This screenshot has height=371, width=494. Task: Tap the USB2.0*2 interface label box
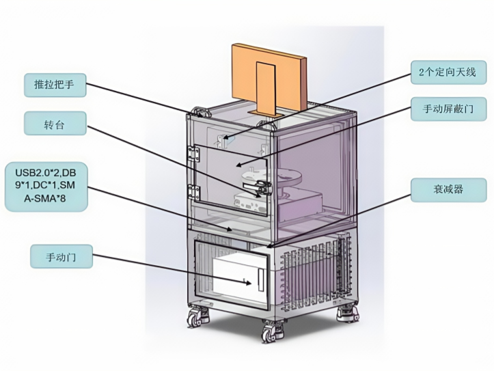46,185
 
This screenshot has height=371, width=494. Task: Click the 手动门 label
61,257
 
